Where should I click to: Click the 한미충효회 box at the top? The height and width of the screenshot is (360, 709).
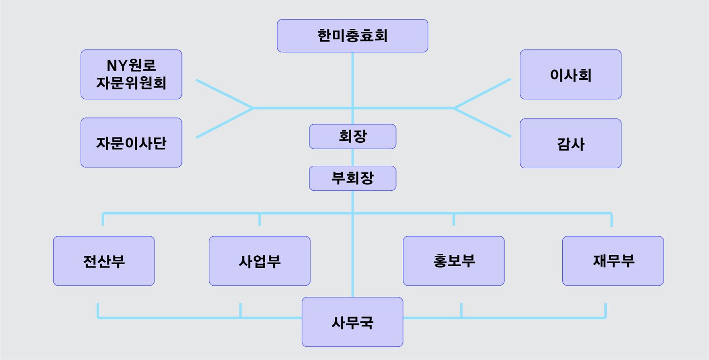pyautogui.click(x=353, y=36)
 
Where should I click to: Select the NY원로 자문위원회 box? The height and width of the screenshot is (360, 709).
pyautogui.click(x=131, y=74)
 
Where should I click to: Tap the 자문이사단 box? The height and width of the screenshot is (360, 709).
pyautogui.click(x=131, y=143)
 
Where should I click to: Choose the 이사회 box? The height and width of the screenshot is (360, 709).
pyautogui.click(x=570, y=74)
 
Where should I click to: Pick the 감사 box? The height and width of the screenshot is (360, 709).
pyautogui.click(x=570, y=143)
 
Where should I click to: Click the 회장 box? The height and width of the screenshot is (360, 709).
pyautogui.click(x=353, y=136)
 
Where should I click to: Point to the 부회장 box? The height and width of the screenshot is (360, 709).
pyautogui.click(x=353, y=179)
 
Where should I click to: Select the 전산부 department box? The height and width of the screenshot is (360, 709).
pyautogui.click(x=104, y=261)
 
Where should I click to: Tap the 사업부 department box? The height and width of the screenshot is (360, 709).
pyautogui.click(x=259, y=261)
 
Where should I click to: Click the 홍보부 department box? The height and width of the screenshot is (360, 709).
pyautogui.click(x=453, y=261)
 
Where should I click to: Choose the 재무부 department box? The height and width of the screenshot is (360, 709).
pyautogui.click(x=613, y=261)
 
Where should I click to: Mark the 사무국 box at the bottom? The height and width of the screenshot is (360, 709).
pyautogui.click(x=352, y=322)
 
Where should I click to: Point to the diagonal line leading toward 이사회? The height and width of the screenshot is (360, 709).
pyautogui.click(x=483, y=93)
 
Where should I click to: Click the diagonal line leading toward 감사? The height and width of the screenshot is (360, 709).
pyautogui.click(x=483, y=122)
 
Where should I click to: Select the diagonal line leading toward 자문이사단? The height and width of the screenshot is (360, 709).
pyautogui.click(x=224, y=123)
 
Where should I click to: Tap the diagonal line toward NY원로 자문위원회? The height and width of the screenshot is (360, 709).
pyautogui.click(x=224, y=93)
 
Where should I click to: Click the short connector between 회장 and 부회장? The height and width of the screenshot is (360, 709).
pyautogui.click(x=353, y=157)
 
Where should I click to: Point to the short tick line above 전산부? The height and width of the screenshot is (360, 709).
pyautogui.click(x=103, y=219)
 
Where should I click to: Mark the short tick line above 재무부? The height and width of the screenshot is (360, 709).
pyautogui.click(x=611, y=220)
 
